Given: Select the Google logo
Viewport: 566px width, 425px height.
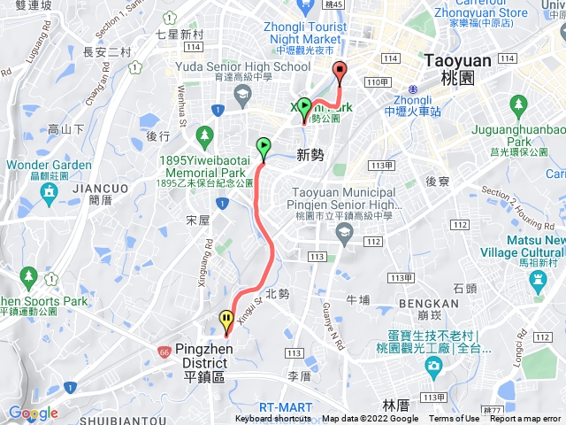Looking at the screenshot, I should (33, 413).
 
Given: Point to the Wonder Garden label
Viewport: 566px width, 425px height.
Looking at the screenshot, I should (48, 165).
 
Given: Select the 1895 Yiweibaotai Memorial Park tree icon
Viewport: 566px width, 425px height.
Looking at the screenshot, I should (205, 135).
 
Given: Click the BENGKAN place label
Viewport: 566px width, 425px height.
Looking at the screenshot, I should (429, 302).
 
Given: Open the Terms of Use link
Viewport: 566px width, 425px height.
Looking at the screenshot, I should (455, 419).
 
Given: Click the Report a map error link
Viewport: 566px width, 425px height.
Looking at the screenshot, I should (526, 419).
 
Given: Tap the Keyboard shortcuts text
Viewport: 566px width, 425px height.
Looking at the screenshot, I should (273, 419).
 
